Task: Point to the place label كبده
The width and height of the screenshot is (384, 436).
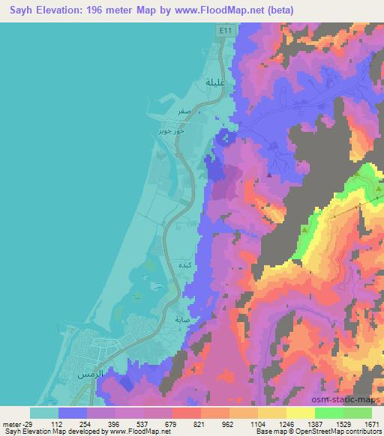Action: point(185,265)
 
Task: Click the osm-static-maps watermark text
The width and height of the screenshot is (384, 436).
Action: point(354,401)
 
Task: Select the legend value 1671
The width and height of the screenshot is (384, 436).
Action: point(372,423)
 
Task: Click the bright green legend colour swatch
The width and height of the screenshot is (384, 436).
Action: point(330,413)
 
